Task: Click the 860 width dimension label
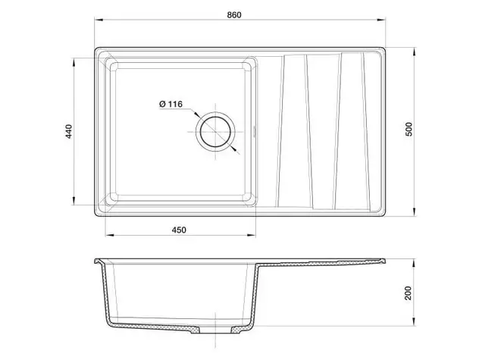(234, 14)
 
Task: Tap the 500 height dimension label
(408, 129)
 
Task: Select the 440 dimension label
(69, 131)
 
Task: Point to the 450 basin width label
(179, 230)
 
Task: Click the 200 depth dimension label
(408, 293)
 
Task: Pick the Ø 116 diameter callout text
(171, 104)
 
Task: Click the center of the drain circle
(215, 132)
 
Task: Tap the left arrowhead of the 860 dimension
(99, 20)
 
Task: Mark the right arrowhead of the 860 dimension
(381, 20)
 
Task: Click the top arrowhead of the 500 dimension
(415, 52)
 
